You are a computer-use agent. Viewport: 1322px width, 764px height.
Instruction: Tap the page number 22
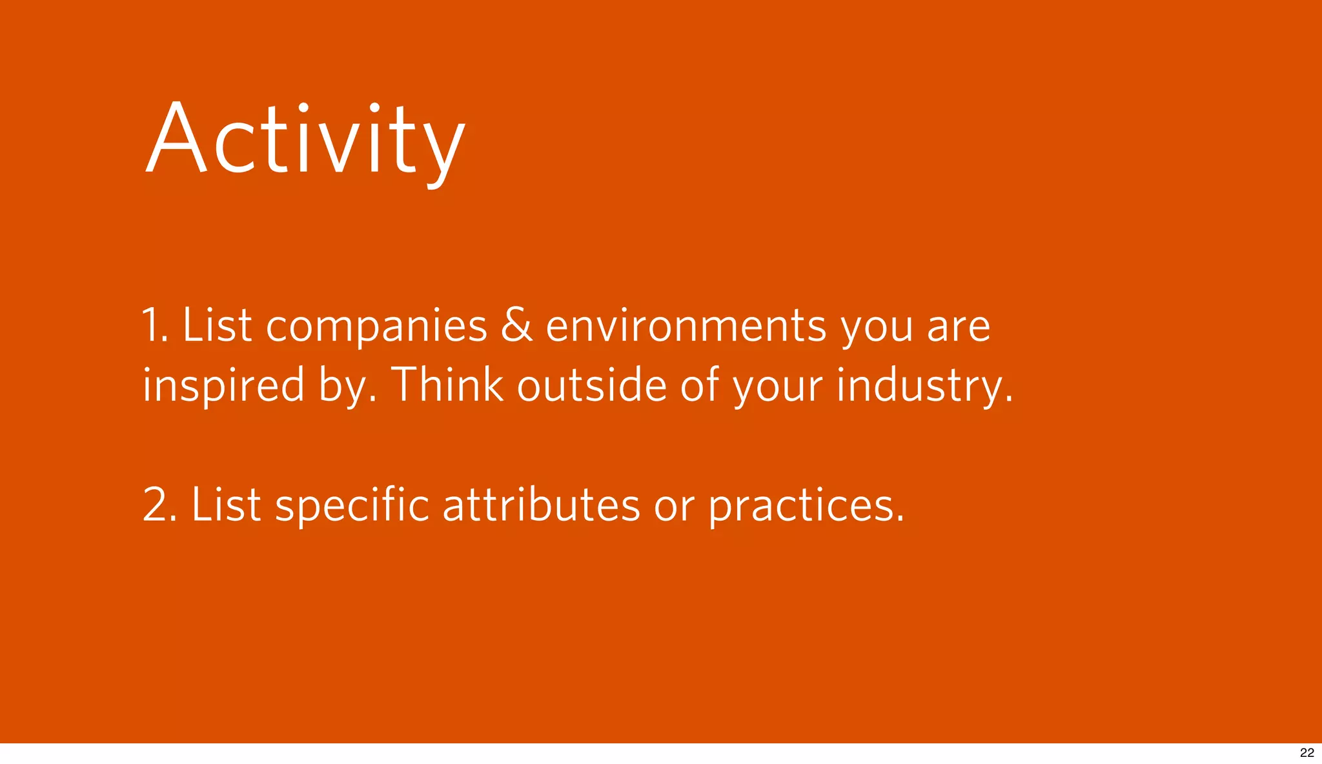(1307, 752)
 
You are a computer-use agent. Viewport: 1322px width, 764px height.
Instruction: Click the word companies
(376, 326)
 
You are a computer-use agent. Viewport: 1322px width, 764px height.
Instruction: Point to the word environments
(686, 326)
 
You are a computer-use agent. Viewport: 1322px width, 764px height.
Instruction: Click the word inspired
(223, 385)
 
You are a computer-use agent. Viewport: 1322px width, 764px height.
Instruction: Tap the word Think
(447, 385)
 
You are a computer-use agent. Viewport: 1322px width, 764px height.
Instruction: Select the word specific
(352, 505)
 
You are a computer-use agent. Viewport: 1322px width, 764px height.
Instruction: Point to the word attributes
(541, 505)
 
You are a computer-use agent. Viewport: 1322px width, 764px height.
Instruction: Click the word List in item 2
(226, 505)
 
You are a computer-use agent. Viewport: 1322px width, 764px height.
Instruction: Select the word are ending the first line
(958, 327)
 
